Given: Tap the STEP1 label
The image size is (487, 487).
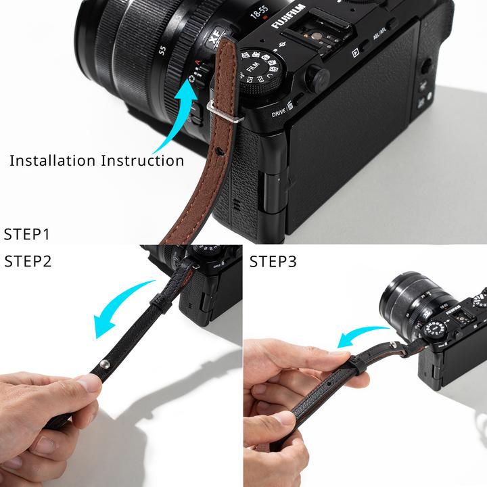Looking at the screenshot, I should (27, 235).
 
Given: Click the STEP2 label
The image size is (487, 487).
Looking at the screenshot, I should (28, 261).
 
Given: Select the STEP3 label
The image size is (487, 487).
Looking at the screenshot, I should (273, 261).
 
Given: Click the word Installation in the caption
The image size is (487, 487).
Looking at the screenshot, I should (53, 161).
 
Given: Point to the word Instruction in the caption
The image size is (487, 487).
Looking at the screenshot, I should (143, 161).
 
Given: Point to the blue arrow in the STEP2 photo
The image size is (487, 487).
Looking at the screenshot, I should (122, 308).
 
